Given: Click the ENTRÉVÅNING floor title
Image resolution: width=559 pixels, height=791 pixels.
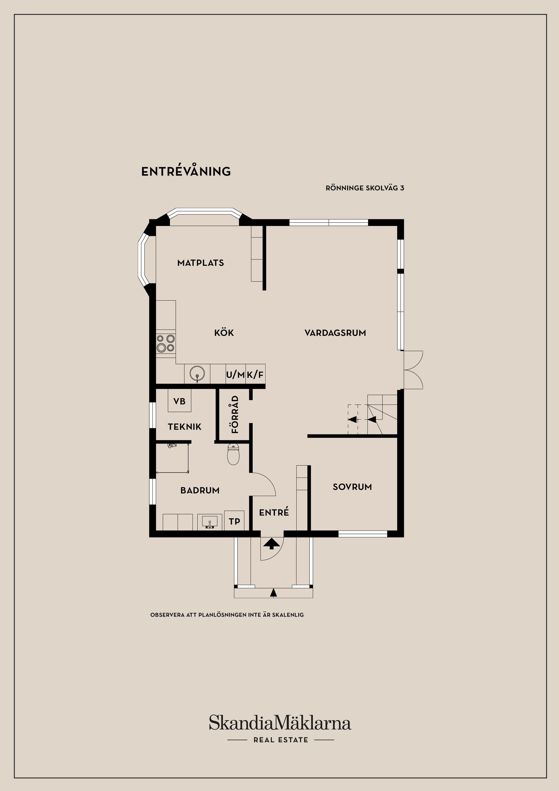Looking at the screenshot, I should point(186,172).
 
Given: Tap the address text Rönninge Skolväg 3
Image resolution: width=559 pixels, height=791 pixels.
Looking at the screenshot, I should point(365,188).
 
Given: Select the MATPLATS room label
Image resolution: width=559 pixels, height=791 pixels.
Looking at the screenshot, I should point(201,263).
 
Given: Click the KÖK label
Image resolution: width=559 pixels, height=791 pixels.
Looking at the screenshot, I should point(224,333).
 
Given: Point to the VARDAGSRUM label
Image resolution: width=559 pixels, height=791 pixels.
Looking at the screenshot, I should point(335,333).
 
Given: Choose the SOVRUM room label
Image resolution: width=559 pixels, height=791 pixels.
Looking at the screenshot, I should point(352,487).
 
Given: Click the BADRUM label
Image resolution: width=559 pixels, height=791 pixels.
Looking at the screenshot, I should point(200,490).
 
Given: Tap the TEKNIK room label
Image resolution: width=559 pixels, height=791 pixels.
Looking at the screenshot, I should point(185,427).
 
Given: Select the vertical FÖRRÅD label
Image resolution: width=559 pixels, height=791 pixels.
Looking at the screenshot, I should point(235,414).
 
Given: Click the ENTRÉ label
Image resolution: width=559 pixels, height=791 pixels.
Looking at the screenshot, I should point(274,513).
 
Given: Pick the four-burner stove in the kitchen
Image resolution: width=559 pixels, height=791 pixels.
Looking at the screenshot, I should point(166,343).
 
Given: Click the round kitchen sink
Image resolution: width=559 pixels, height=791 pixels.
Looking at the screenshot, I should point(197,373).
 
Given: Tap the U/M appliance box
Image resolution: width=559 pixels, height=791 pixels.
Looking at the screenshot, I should point(236,375).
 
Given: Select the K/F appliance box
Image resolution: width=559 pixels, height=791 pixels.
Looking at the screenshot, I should point(255,375).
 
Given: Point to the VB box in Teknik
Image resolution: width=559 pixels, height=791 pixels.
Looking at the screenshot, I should point(179,401).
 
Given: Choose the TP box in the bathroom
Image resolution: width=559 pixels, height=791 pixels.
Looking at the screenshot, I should point(234,521).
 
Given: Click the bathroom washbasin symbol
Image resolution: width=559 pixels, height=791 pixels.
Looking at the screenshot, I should point(209,522).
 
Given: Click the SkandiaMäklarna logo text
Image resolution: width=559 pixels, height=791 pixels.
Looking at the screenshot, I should point(280,723).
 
